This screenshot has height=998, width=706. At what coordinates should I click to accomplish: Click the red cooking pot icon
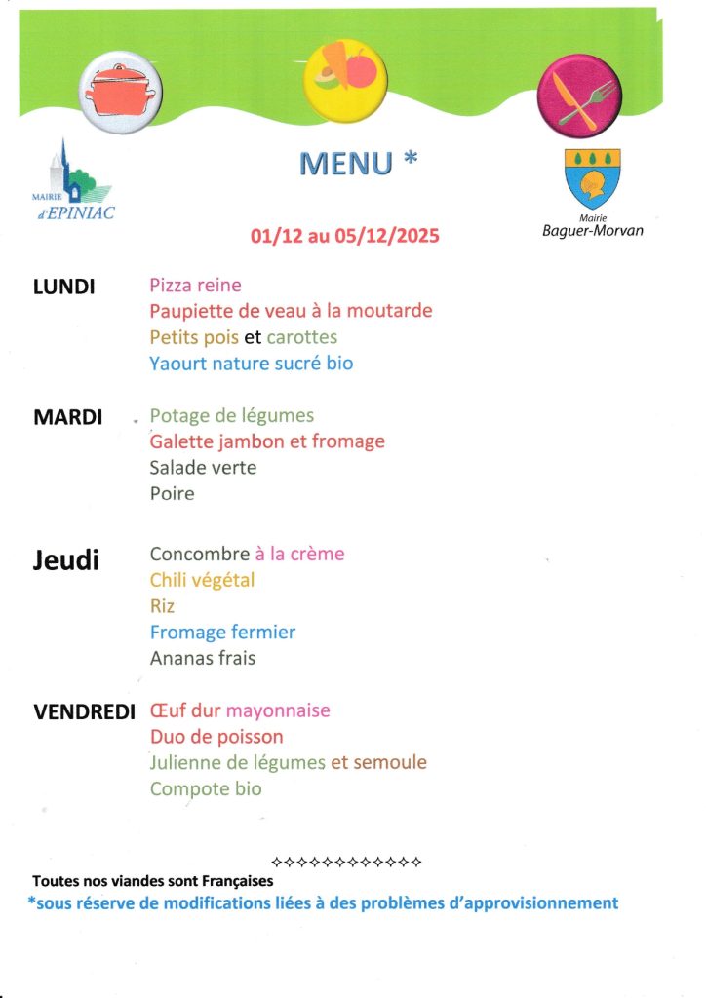(x=122, y=92)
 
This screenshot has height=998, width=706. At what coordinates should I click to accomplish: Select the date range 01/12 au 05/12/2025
(x=345, y=236)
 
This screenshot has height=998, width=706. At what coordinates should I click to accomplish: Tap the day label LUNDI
(x=64, y=287)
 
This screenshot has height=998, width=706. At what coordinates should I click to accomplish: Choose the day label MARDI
(x=68, y=417)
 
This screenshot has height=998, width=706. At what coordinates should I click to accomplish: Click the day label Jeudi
(x=66, y=560)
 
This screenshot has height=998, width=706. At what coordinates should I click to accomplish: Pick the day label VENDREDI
(x=85, y=711)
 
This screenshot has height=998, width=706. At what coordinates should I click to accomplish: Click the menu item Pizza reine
(x=195, y=286)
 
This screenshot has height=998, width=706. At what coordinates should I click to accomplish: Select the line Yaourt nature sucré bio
(x=252, y=364)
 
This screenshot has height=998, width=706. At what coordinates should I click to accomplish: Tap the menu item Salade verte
(x=203, y=468)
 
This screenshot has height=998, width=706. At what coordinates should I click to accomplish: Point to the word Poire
(x=172, y=494)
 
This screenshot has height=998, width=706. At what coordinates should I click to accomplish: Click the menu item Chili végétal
(x=202, y=580)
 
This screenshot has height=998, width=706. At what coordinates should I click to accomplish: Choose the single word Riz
(x=162, y=606)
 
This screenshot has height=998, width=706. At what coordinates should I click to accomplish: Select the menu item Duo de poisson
(x=216, y=737)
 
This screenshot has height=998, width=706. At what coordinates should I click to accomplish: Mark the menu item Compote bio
(x=206, y=788)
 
